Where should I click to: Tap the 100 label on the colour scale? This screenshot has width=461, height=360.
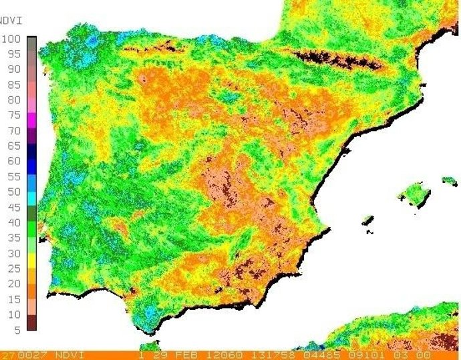[13, 39]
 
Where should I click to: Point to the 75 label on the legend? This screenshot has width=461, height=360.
[13, 115]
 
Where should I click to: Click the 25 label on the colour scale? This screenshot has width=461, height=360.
[13, 268]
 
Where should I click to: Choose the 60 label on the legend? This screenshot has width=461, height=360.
[13, 161]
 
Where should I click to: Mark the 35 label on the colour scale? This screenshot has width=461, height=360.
[13, 238]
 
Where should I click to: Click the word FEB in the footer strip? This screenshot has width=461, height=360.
[187, 355]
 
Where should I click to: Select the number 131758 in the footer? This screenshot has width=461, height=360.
[265, 355]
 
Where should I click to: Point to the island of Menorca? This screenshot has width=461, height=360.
[449, 180]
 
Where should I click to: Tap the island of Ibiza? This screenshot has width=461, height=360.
[367, 220]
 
